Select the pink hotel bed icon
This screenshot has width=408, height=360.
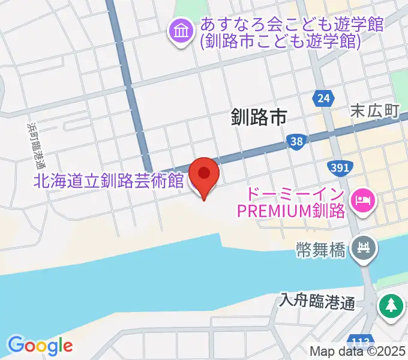362,197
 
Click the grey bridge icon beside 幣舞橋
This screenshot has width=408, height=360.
364,246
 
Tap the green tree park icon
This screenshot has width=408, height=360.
391,306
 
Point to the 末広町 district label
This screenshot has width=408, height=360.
374,111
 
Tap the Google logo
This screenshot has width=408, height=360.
40,345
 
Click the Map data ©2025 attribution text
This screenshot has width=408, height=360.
358,352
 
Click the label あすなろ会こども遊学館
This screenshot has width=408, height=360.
292,25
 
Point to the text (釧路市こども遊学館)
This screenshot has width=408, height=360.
281,42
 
